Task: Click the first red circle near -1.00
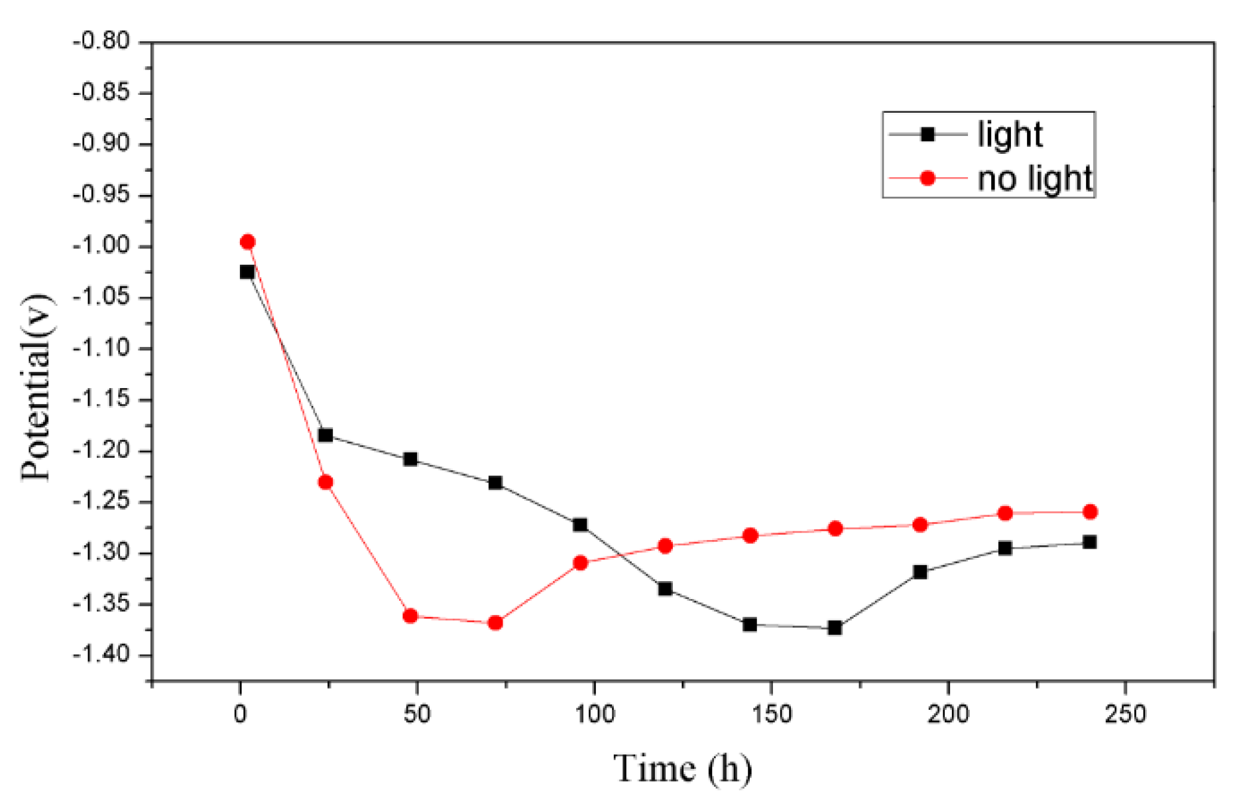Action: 247,241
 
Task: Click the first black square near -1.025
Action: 247,271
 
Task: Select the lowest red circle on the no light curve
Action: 495,622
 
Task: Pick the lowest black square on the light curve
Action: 835,628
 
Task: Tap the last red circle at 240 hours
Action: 1090,511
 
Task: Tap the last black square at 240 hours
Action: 1089,542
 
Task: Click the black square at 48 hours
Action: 410,459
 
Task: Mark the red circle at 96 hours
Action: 580,563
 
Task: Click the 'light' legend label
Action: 1010,135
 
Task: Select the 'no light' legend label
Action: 1034,178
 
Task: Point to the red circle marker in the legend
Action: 927,178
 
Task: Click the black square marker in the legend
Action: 927,135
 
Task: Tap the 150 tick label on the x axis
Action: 772,714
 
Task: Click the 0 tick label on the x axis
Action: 240,714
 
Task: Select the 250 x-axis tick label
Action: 1125,714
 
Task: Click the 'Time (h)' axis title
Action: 682,769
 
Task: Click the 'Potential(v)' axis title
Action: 36,388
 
